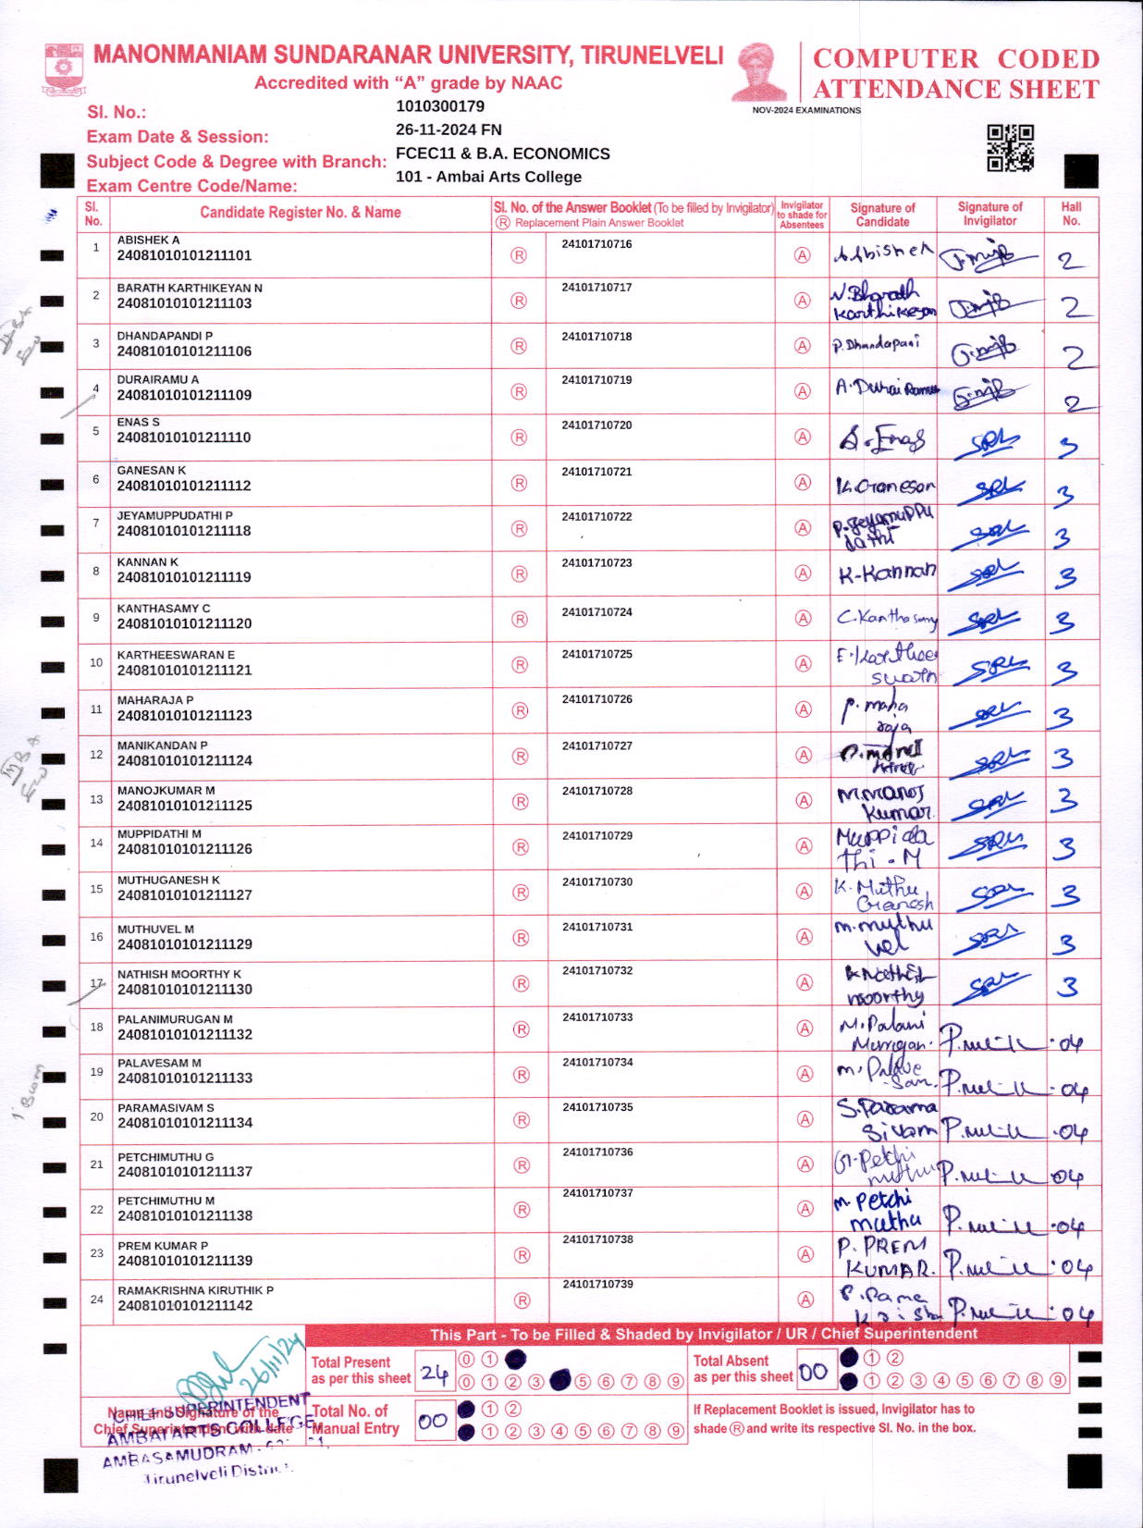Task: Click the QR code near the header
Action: (x=1010, y=148)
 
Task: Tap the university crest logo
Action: (x=63, y=68)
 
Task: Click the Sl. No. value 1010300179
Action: (x=439, y=106)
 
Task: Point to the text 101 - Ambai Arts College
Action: (x=488, y=177)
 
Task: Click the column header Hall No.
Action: (x=1071, y=214)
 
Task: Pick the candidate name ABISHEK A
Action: (x=148, y=240)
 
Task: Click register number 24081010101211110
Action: (x=183, y=437)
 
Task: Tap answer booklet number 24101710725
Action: (x=596, y=654)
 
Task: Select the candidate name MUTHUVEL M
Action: (x=155, y=929)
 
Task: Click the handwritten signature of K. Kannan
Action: (x=886, y=573)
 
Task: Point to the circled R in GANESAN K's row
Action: (x=519, y=483)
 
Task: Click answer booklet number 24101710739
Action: (x=597, y=1284)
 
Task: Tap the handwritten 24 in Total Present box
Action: (x=434, y=1373)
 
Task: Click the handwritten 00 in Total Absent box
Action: (x=813, y=1372)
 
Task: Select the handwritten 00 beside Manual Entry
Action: (x=432, y=1421)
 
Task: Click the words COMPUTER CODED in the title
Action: (x=955, y=58)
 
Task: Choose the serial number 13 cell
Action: (x=96, y=799)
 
